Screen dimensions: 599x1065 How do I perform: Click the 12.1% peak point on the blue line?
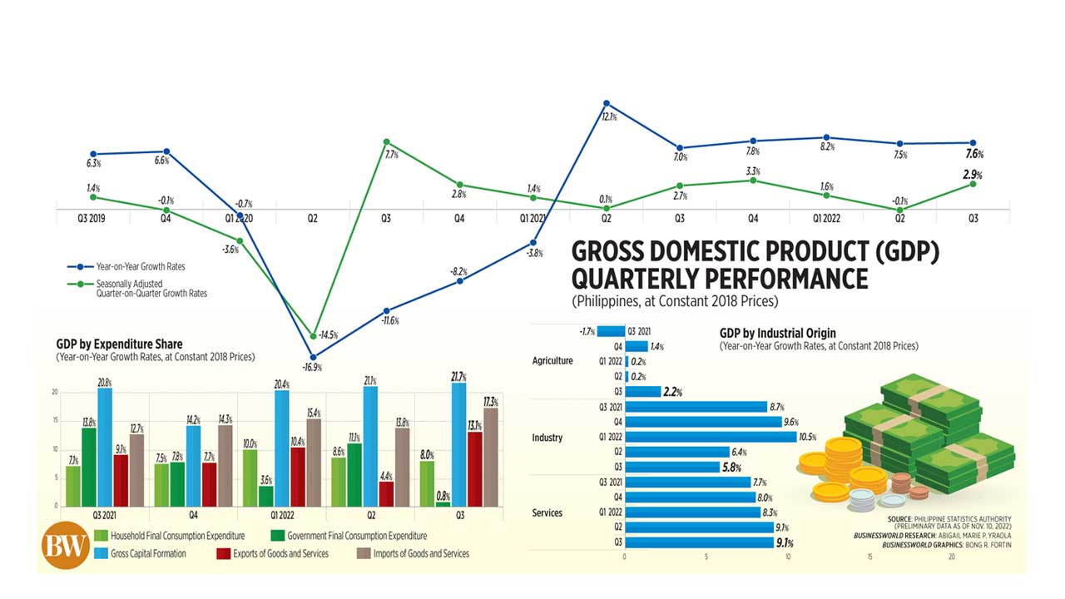coord(607,104)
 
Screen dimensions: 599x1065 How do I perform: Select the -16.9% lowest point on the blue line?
coord(314,355)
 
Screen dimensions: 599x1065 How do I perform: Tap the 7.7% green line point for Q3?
coord(386,142)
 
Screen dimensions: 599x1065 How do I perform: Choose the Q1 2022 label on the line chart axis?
coord(826,218)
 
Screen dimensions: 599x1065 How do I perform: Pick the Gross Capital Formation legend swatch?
coord(102,553)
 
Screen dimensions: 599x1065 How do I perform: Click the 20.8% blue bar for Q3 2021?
coord(105,448)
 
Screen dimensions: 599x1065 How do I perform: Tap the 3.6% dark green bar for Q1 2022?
coord(266,497)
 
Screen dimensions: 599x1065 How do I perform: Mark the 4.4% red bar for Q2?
coord(386,494)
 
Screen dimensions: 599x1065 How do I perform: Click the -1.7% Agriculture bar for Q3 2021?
coord(612,331)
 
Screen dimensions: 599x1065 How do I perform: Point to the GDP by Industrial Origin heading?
coord(778,334)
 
